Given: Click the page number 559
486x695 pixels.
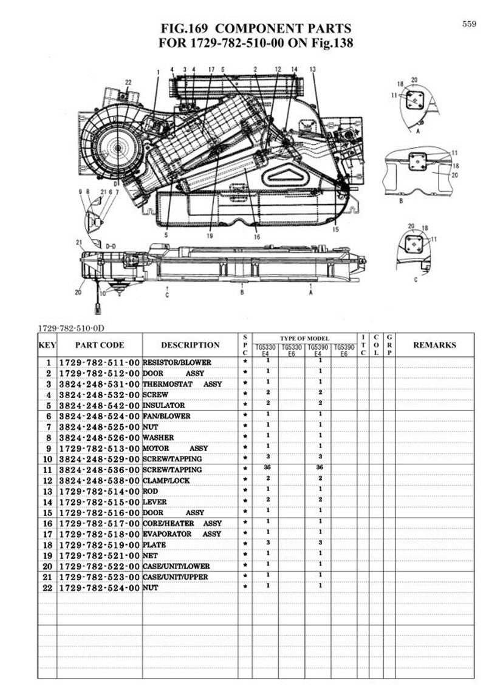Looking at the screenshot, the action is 469,24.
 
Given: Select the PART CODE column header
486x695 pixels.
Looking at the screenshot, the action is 100,345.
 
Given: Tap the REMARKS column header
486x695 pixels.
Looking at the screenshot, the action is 434,345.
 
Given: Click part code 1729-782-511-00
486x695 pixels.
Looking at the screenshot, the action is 100,362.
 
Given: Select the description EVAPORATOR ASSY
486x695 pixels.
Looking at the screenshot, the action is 182,534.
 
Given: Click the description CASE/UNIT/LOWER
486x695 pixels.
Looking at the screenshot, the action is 176,566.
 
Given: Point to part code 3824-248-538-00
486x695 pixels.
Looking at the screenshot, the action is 100,481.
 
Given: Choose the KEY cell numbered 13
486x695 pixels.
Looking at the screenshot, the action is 48,492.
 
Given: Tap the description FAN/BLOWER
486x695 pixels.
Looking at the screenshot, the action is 166,416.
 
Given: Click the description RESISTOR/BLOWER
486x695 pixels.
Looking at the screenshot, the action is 177,362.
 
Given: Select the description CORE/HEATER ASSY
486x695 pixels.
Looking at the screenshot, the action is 182,523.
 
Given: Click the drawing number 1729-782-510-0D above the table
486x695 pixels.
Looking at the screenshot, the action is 71,328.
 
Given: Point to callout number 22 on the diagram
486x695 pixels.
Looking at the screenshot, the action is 128,83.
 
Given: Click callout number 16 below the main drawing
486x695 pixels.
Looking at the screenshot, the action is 257,237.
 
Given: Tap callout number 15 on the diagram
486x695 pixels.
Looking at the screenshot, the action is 336,229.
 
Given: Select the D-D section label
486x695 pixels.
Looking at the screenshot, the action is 111,246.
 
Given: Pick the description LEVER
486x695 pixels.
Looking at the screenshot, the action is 154,502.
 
